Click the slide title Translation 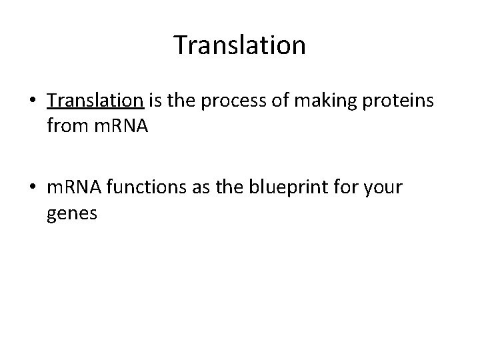[x=239, y=45]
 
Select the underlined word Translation [x=95, y=101]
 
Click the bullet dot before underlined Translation [x=33, y=102]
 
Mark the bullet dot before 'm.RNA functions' [x=33, y=189]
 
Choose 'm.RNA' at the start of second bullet [x=73, y=188]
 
